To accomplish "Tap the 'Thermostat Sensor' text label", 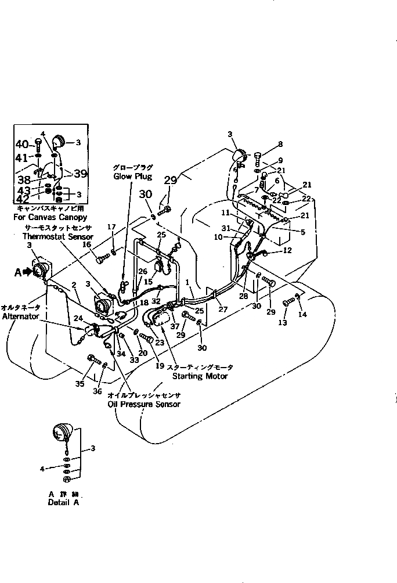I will [x=49, y=236].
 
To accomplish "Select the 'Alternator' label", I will [x=20, y=316].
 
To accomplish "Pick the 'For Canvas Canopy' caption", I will [x=51, y=217].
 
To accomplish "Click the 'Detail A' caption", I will [x=63, y=503].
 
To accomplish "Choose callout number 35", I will [x=81, y=383].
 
